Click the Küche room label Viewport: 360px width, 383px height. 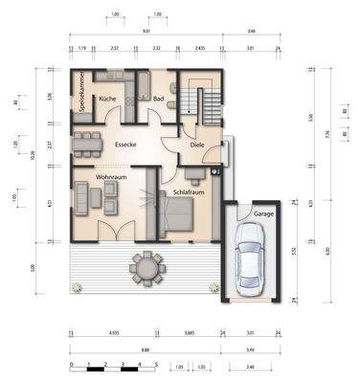[108, 99]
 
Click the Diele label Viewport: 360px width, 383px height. [196, 146]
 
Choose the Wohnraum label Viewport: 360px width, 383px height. [112, 177]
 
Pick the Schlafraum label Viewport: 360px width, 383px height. [190, 191]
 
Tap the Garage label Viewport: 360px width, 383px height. [263, 214]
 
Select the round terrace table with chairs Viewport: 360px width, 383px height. [146, 267]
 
